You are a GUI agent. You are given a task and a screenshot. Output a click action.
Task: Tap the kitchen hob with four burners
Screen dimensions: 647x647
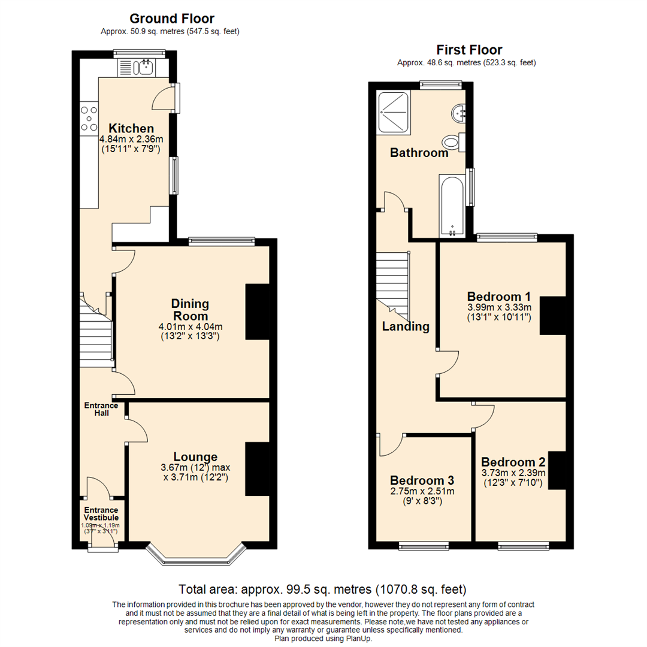89,118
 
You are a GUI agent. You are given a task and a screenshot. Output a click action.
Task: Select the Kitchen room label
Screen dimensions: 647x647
131,128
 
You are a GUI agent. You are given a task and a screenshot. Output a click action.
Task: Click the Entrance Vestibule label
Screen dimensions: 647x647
101,513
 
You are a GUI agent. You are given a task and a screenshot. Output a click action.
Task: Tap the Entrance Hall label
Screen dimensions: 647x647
100,409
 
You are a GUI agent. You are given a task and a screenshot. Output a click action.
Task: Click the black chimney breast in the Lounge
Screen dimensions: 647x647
257,468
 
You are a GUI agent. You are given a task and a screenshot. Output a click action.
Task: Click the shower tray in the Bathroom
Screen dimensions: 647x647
393,111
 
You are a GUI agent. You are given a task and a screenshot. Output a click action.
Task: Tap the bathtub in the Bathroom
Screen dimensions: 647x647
452,205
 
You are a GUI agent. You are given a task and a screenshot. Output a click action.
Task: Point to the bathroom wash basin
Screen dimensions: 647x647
459,112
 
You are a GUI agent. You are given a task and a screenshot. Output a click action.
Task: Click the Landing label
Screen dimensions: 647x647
406,326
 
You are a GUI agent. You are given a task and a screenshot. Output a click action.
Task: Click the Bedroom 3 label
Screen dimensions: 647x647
422,480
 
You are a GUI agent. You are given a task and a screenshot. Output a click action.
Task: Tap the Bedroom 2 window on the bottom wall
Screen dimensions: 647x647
523,545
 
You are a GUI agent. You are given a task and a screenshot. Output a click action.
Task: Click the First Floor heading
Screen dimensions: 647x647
469,50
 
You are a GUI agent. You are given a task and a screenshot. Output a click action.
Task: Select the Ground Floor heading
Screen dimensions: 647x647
172,19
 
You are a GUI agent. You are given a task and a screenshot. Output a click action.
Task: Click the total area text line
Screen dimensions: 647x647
322,589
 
